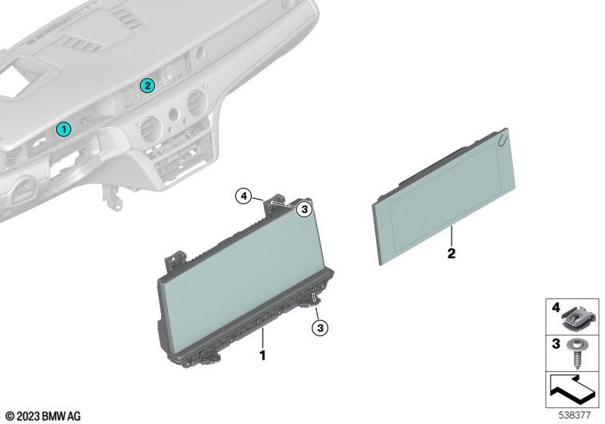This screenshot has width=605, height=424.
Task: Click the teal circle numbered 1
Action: tap(64, 129)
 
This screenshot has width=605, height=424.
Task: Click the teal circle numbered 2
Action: tap(147, 86)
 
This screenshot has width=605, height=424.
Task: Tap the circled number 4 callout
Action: tap(244, 197)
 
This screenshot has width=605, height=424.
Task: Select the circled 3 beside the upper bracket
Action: tap(305, 209)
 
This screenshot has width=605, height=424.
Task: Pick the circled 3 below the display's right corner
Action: tap(320, 329)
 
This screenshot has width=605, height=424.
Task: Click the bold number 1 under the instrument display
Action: tap(262, 355)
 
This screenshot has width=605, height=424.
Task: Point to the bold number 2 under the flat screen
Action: tap(451, 254)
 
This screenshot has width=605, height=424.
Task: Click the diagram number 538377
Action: tap(575, 416)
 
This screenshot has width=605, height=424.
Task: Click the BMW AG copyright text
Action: tap(43, 416)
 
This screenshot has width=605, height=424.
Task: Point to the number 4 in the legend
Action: tap(556, 307)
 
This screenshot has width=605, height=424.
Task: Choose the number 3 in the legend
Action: tap(556, 344)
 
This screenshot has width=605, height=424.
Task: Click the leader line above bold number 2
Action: tap(451, 236)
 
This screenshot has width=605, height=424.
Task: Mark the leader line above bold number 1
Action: tap(262, 338)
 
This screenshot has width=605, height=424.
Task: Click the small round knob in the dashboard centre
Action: tap(174, 113)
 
